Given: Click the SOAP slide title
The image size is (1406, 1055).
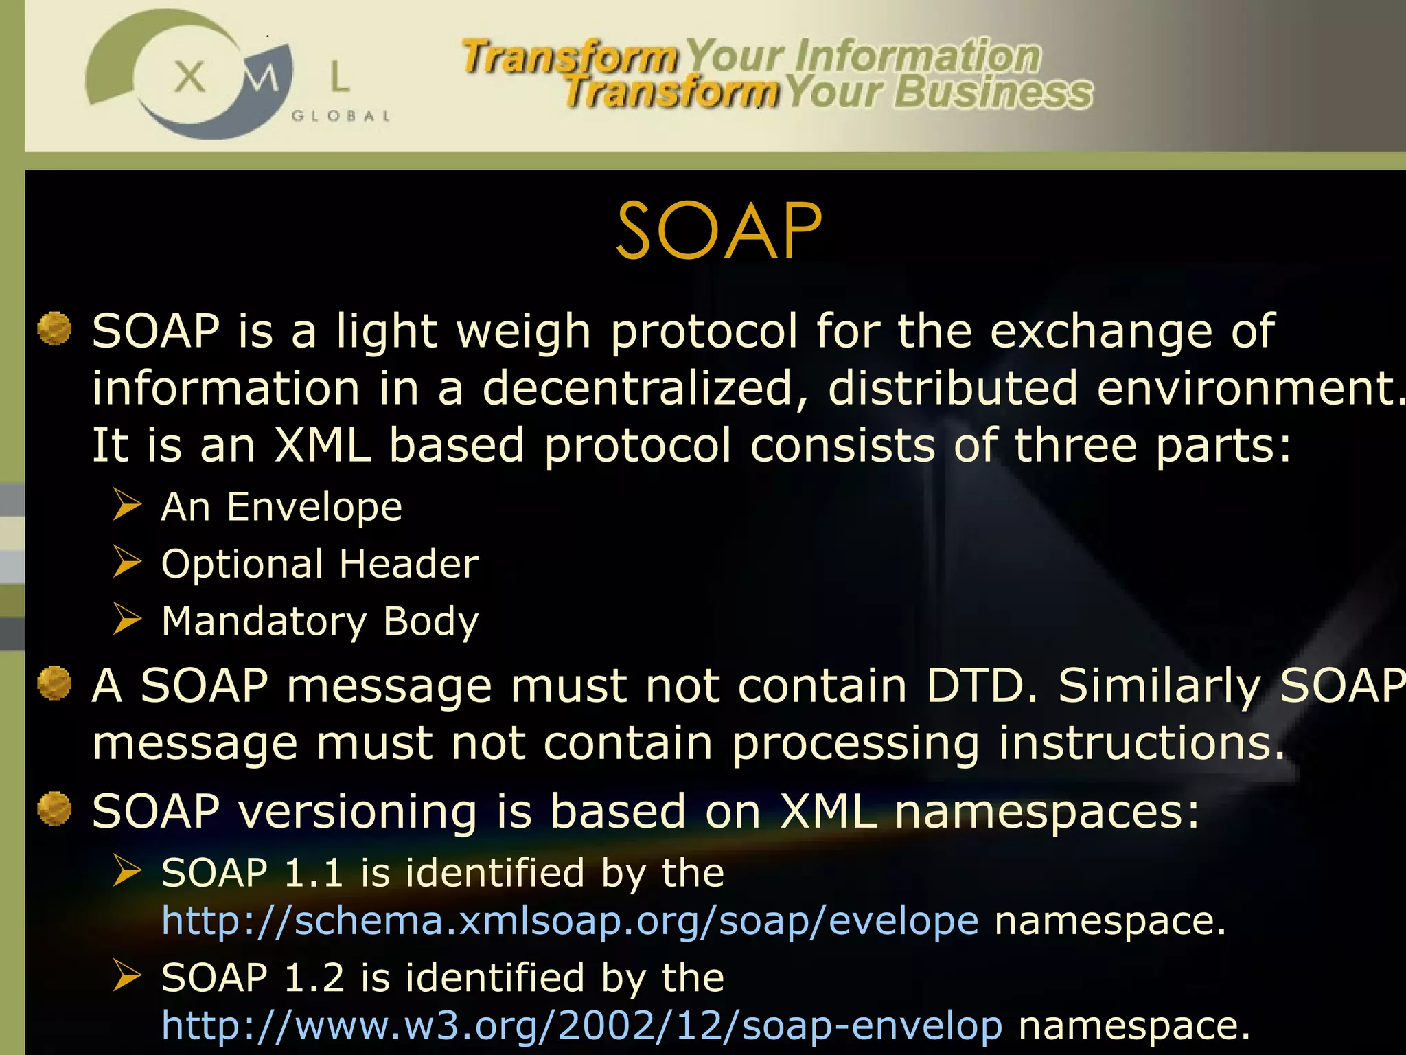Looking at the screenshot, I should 718,231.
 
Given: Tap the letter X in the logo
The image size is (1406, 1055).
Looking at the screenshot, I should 189,76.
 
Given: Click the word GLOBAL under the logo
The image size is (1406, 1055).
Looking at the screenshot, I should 341,116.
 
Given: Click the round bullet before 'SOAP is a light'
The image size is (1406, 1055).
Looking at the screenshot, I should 54,328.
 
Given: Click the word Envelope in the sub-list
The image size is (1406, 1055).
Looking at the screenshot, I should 314,508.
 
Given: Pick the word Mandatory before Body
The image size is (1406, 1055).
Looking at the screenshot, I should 264,621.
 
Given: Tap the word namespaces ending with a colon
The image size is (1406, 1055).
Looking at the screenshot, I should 1047,811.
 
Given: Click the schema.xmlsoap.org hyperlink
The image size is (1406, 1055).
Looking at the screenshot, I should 570,920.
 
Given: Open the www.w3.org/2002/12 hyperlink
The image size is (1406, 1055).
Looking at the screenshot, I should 581,1025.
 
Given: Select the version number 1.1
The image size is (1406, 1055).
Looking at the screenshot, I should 313,873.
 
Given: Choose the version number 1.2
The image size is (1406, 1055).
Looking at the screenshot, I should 313,978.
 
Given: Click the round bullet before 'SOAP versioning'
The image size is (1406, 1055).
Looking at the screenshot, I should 54,808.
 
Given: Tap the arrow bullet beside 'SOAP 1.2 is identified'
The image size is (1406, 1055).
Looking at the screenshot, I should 127,975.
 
